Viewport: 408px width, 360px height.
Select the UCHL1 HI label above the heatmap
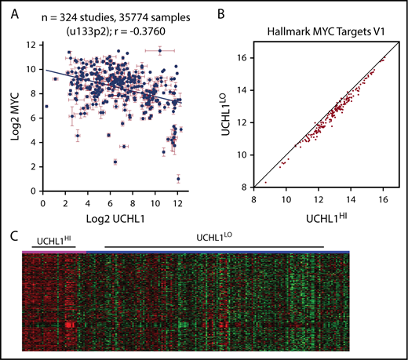click(52, 237)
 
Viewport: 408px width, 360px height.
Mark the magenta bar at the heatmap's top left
click(48, 251)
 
